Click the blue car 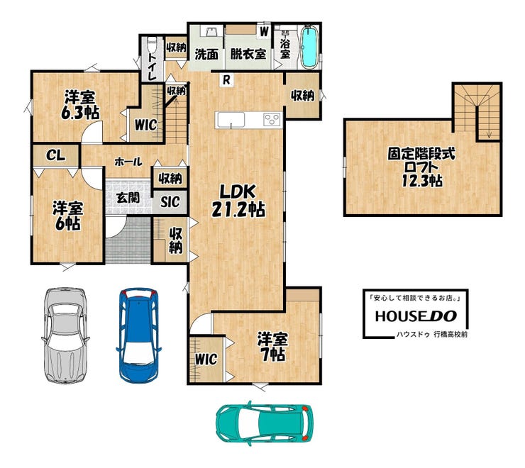tap(138, 335)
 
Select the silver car tap(65, 335)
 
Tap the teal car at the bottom tap(265, 422)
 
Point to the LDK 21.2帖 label tap(238, 201)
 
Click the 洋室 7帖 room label tap(272, 347)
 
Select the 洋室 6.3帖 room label tap(80, 105)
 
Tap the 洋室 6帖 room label tap(67, 216)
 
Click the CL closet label tap(55, 155)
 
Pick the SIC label tap(170, 201)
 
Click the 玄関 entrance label tap(128, 198)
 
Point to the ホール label tap(128, 162)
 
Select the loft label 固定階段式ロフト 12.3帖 tap(422, 167)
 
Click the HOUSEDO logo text tap(416, 316)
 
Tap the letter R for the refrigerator tap(227, 80)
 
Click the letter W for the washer tap(264, 31)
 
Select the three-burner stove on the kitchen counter tap(272, 120)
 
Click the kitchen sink tap(231, 120)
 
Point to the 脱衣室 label tap(248, 54)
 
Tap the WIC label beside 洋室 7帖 tap(206, 360)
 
